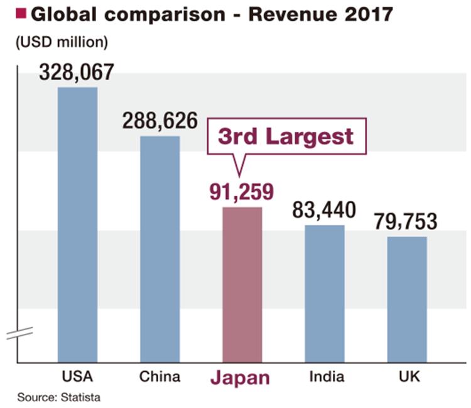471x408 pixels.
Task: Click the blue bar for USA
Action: pyautogui.click(x=78, y=225)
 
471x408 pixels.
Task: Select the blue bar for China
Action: pyautogui.click(x=160, y=249)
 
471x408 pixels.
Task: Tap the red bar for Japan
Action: pyautogui.click(x=242, y=285)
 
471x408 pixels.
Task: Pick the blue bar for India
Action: pyautogui.click(x=325, y=293)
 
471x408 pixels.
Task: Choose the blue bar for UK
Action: pyautogui.click(x=407, y=299)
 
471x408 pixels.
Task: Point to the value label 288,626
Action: pyautogui.click(x=159, y=121)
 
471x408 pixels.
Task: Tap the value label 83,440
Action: pyautogui.click(x=324, y=210)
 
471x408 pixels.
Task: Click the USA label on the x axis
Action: pyautogui.click(x=78, y=377)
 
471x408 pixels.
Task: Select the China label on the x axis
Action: pyautogui.click(x=160, y=377)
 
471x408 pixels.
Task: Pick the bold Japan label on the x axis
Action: pyautogui.click(x=242, y=378)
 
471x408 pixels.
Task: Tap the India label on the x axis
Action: pyautogui.click(x=325, y=377)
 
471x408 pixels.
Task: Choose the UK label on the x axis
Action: pyautogui.click(x=407, y=377)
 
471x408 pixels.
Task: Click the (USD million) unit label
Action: pyautogui.click(x=60, y=43)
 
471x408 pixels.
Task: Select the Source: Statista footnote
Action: pyautogui.click(x=58, y=397)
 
